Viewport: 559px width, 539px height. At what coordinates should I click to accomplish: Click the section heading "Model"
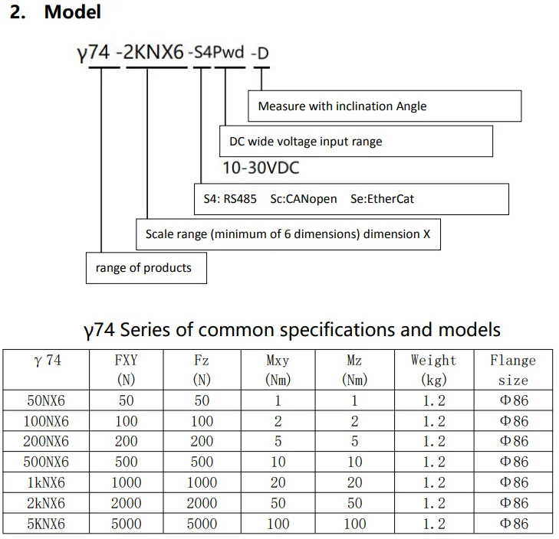tap(72, 13)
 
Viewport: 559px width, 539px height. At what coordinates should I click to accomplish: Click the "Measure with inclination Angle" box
tap(384, 106)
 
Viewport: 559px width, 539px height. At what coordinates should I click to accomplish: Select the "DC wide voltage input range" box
tap(356, 141)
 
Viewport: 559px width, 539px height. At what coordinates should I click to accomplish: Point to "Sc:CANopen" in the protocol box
tap(304, 199)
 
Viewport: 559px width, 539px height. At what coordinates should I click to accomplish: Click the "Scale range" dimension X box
tap(288, 234)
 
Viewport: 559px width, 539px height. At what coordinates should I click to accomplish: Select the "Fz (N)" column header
tap(202, 369)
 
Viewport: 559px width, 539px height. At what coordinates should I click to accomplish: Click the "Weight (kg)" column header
tap(433, 369)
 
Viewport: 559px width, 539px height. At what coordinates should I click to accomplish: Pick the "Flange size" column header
tap(513, 369)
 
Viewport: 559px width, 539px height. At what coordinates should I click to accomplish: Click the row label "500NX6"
tap(48, 462)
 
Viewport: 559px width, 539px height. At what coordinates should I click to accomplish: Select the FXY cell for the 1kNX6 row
tap(126, 483)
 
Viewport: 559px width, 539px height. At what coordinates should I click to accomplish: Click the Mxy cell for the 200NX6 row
tap(278, 442)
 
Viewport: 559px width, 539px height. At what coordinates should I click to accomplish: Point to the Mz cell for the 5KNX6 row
tap(354, 524)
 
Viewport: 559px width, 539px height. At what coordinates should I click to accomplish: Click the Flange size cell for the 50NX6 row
tap(513, 400)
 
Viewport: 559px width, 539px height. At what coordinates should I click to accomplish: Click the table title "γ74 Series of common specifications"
tap(291, 330)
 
